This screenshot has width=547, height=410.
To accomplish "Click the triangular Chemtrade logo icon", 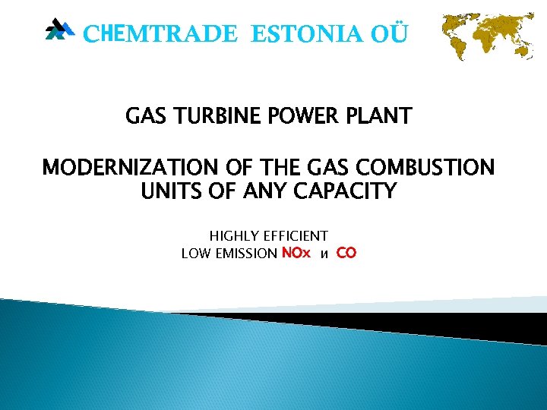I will [x=59, y=30].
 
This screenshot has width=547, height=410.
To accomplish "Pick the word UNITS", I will [x=168, y=191].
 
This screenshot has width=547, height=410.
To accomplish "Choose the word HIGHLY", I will [x=234, y=237].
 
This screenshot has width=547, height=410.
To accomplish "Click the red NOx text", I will [x=296, y=254].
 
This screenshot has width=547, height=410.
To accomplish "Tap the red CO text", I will [x=346, y=254].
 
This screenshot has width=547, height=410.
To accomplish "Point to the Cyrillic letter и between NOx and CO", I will [x=324, y=255].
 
